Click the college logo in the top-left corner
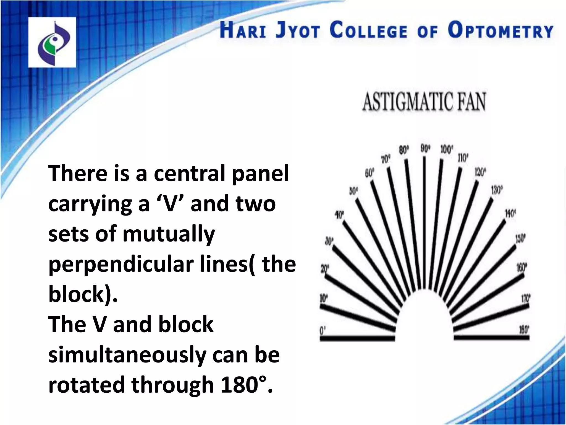(x=52, y=42)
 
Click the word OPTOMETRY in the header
(x=501, y=31)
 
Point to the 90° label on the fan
(x=426, y=149)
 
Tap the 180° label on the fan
(x=524, y=330)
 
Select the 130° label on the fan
(x=497, y=191)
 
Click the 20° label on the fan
(x=325, y=268)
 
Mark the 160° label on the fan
(x=522, y=268)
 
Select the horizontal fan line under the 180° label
(x=491, y=338)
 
